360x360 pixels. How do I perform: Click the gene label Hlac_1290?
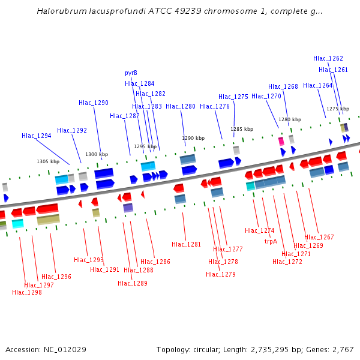pyautogui.click(x=94, y=103)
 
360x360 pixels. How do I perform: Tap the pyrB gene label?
pyautogui.click(x=131, y=73)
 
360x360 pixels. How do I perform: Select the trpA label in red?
pyautogui.click(x=271, y=241)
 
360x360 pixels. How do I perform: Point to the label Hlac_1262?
pyautogui.click(x=328, y=58)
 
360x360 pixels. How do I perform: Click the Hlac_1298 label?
pyautogui.click(x=27, y=292)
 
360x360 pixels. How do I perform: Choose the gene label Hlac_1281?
pyautogui.click(x=187, y=244)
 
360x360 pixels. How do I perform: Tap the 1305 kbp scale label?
pyautogui.click(x=48, y=161)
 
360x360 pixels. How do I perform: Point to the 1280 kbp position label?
pyautogui.click(x=289, y=119)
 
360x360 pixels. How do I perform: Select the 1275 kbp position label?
pyautogui.click(x=338, y=109)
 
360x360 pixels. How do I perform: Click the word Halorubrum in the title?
pyautogui.click(x=59, y=11)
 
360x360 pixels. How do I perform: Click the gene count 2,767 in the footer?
pyautogui.click(x=343, y=349)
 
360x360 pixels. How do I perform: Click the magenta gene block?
pyautogui.click(x=281, y=142)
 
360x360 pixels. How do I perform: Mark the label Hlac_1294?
pyautogui.click(x=37, y=136)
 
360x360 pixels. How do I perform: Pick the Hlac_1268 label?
pyautogui.click(x=283, y=86)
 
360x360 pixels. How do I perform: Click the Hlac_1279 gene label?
pyautogui.click(x=221, y=274)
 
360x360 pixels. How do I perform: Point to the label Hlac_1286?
pyautogui.click(x=155, y=262)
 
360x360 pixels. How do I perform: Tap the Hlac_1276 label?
pyautogui.click(x=215, y=106)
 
